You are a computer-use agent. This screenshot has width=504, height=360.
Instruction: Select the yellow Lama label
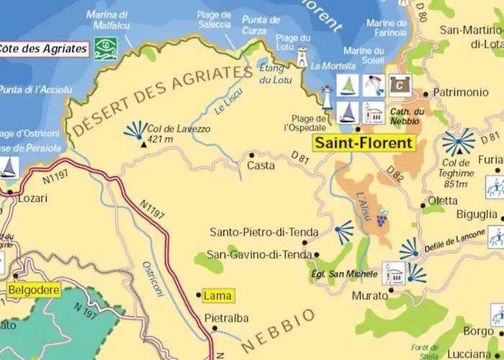pyautogui.click(x=217, y=295)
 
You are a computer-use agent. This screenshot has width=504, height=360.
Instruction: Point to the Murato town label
pyautogui.click(x=370, y=296)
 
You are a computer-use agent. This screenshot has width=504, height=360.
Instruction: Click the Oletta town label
pyautogui.click(x=443, y=201)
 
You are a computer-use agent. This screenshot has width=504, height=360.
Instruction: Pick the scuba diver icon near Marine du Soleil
pyautogui.click(x=373, y=85)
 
